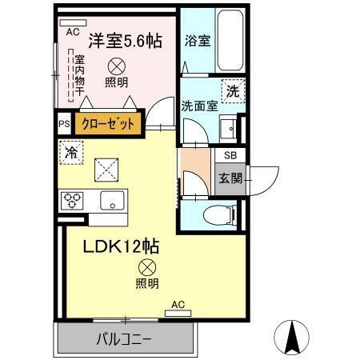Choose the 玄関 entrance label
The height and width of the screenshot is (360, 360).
click(x=230, y=178)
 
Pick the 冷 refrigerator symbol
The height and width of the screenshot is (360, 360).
click(x=71, y=151)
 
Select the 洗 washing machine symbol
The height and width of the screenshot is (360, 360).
click(x=231, y=90)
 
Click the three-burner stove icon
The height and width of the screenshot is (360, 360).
click(x=71, y=198)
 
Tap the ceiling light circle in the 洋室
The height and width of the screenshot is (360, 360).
click(x=114, y=66)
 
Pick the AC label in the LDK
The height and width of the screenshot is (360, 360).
click(x=179, y=305)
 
